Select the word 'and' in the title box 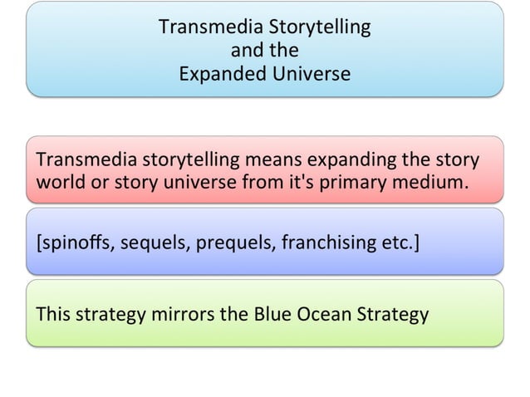pos(248,51)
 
